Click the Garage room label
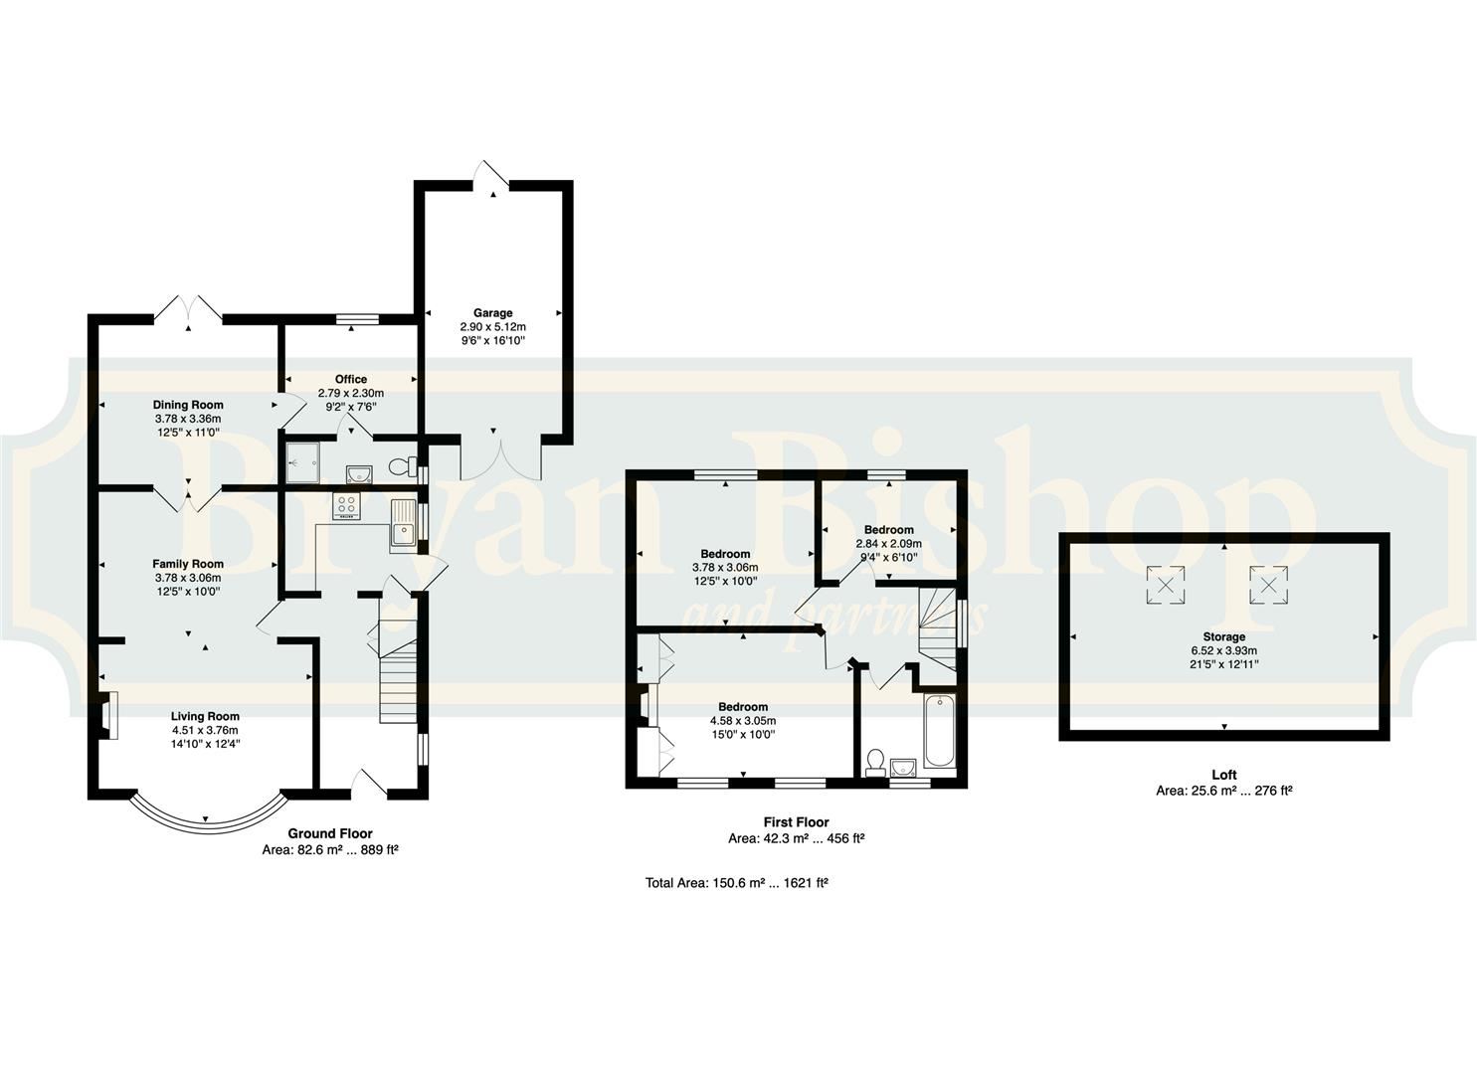click(x=492, y=312)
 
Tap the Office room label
click(x=351, y=379)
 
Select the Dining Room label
click(x=188, y=405)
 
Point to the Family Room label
click(x=188, y=564)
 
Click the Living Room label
click(x=205, y=716)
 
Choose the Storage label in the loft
click(x=1223, y=636)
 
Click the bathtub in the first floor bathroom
click(x=939, y=730)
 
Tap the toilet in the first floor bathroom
click(x=875, y=762)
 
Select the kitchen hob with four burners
click(x=347, y=506)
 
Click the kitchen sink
click(x=402, y=523)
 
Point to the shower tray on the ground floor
click(x=303, y=462)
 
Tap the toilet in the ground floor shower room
click(x=402, y=466)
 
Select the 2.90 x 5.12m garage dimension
click(x=492, y=327)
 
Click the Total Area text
click(x=737, y=882)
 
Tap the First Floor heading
click(x=796, y=822)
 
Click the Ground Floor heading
click(x=330, y=833)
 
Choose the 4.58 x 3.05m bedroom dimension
click(x=743, y=721)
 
